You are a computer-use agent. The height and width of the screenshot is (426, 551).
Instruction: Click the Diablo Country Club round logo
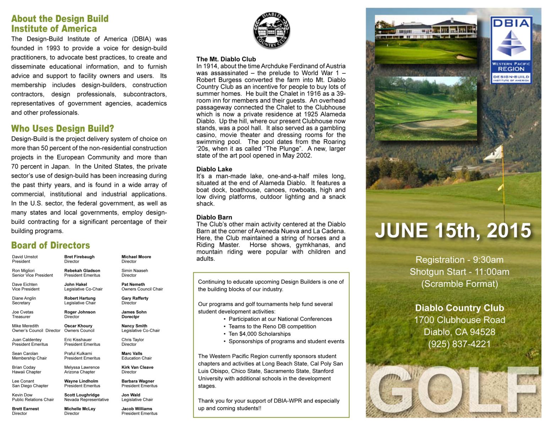point(272,31)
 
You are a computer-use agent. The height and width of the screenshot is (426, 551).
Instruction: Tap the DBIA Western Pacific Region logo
point(511,50)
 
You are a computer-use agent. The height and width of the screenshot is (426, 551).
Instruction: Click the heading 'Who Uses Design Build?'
point(62,129)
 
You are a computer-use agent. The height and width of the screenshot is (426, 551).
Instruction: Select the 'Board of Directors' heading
point(50,245)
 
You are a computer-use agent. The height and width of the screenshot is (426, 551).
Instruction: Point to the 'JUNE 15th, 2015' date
point(453,230)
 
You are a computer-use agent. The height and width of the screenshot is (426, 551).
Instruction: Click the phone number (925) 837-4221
point(459,344)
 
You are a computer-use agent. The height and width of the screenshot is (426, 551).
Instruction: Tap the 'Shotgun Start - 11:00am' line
point(459,272)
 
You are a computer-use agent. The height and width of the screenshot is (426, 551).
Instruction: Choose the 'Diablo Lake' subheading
point(214,169)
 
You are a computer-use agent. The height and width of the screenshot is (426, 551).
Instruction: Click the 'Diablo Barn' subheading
point(214,217)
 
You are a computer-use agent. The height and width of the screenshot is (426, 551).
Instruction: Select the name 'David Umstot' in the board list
point(25,257)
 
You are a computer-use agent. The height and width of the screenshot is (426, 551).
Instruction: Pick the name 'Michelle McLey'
point(80,409)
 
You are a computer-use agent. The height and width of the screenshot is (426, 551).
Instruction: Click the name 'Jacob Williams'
point(137,409)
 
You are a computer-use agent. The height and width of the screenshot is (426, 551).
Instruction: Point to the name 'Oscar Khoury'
point(78,326)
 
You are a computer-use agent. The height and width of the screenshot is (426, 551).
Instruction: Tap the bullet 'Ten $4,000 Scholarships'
point(260,334)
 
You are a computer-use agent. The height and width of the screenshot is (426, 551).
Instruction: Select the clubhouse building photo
point(426,39)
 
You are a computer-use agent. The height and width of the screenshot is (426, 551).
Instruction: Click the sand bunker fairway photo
point(426,108)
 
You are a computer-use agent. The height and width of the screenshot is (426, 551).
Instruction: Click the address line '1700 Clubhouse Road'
point(459,320)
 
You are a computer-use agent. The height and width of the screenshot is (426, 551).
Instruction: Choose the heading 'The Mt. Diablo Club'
point(226,59)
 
